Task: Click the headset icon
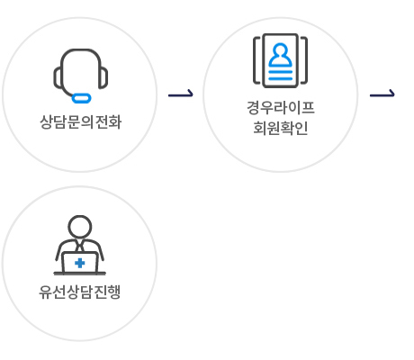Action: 80,76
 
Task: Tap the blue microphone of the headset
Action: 81,98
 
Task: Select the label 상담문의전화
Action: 80,121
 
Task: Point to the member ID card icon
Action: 280,60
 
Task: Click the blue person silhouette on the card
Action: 280,55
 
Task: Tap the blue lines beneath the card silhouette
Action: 280,76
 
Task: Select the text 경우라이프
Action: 281,107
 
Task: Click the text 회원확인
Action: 281,128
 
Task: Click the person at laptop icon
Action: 80,245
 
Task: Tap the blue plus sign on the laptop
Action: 80,263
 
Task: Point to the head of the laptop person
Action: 80,227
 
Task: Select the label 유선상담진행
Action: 80,292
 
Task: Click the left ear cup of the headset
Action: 58,77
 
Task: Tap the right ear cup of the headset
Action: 103,78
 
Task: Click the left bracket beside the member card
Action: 256,60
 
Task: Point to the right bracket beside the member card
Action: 304,60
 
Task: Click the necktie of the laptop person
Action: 80,247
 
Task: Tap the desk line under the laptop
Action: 80,274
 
